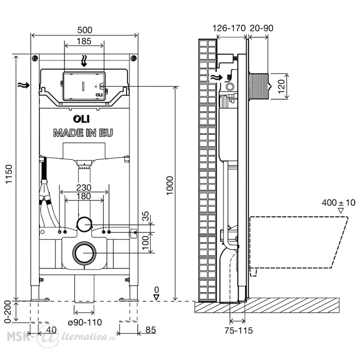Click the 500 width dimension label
click(85, 30)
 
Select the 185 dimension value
click(84, 41)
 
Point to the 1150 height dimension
click(9, 174)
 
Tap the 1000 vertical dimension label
click(170, 185)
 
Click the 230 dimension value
click(84, 188)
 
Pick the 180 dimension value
click(84, 196)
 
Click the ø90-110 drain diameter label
click(85, 322)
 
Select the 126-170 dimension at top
click(229, 28)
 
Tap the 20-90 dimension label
click(261, 28)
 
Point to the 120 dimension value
click(281, 86)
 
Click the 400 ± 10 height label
click(338, 203)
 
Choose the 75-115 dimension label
click(239, 330)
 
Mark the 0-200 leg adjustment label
click(8, 311)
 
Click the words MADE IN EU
click(83, 133)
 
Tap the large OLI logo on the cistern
click(81, 119)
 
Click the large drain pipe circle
click(84, 252)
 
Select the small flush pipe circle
click(84, 224)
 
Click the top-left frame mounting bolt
click(35, 58)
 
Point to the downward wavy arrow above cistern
click(84, 61)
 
